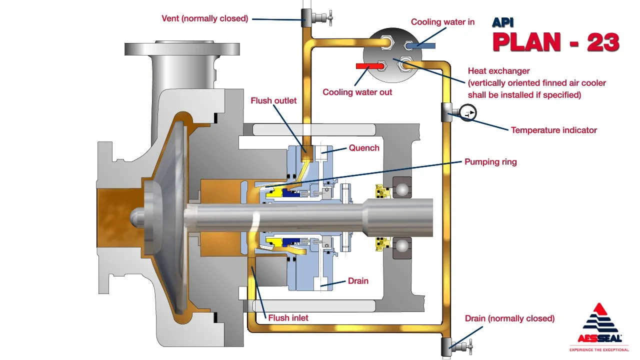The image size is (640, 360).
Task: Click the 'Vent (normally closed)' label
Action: tap(205, 18)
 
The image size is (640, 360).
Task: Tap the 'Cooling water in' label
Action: tap(442, 22)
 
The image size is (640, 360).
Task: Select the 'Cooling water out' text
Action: tap(357, 92)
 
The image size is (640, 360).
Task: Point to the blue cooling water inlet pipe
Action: tap(422, 45)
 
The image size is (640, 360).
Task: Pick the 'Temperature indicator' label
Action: tap(553, 130)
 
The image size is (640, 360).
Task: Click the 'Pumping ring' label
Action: tap(490, 161)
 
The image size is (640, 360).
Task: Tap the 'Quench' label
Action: tap(364, 148)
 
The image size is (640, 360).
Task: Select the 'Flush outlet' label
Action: tap(273, 100)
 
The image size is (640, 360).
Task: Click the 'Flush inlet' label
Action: tap(288, 317)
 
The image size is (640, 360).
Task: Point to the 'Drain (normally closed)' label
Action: tap(509, 318)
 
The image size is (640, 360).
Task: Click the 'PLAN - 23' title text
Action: tap(555, 42)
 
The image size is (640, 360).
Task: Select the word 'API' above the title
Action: tap(502, 22)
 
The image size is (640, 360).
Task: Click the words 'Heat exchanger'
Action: tap(498, 71)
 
